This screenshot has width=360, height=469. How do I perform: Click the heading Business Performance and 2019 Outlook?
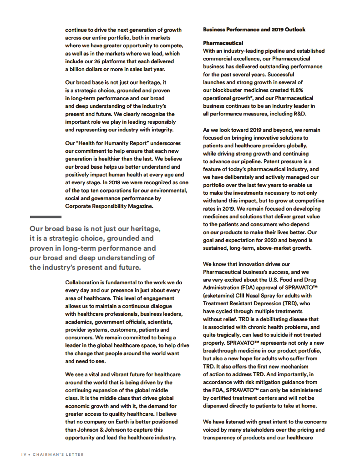point(254,30)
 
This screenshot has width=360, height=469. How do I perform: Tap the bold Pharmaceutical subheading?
point(223,43)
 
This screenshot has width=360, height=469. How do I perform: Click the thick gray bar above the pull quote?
point(46,217)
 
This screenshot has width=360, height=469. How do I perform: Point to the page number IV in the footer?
point(25,454)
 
